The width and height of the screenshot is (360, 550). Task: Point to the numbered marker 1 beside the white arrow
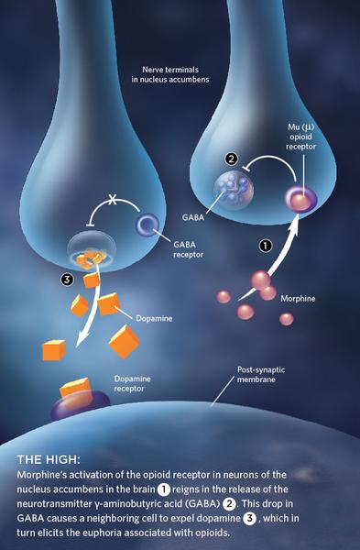[266, 246]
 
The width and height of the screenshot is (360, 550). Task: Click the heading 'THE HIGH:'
[50, 458]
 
